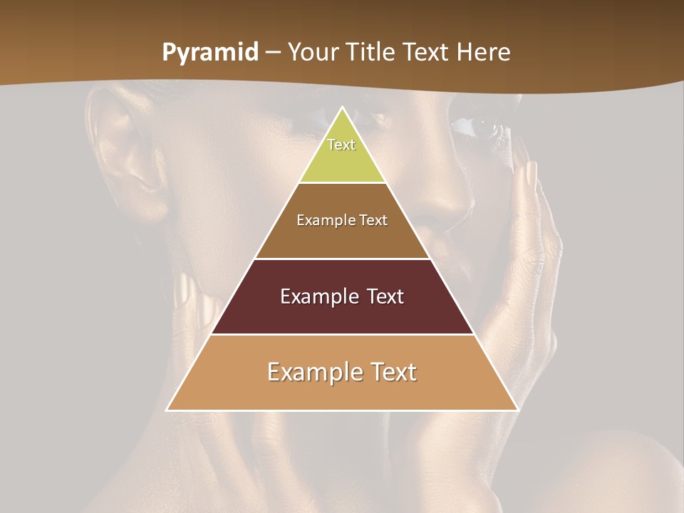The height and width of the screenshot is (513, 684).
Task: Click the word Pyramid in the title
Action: tap(210, 53)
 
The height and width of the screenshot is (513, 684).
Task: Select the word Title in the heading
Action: tap(371, 53)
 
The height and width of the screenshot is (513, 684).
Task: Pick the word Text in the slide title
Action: tap(427, 53)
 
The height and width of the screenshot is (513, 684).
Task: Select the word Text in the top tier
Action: tap(341, 145)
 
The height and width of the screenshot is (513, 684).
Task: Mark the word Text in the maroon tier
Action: tap(385, 296)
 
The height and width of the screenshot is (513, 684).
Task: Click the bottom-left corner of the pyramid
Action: tap(167, 410)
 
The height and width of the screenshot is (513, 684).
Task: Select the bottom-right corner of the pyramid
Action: tap(517, 410)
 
